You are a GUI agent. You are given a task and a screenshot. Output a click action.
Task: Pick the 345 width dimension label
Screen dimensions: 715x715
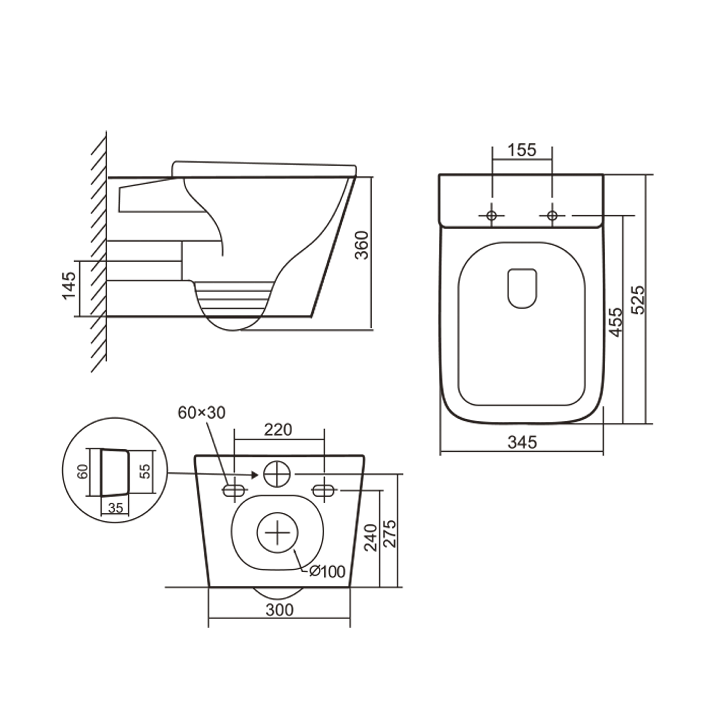point(522,442)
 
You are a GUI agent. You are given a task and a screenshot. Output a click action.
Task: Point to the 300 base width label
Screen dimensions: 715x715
point(279,610)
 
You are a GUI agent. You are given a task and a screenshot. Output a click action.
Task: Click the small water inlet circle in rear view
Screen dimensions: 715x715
point(277,474)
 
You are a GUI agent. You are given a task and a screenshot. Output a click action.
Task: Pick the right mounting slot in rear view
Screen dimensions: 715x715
point(324,491)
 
